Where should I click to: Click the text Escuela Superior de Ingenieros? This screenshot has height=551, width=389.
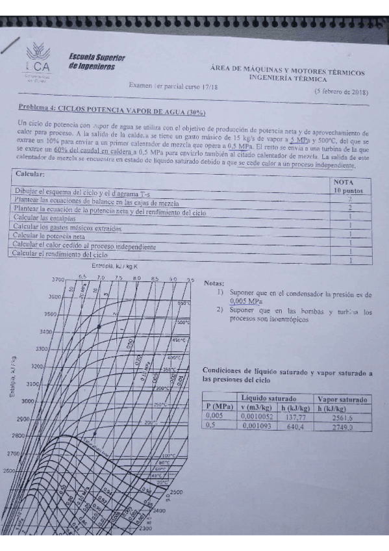click(x=97, y=61)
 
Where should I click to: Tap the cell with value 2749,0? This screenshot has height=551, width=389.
click(x=344, y=428)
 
